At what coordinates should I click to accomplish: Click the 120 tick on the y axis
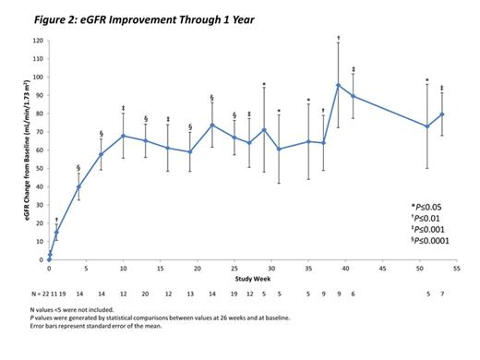pos(37,41)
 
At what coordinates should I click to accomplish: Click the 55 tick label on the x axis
pos(457,269)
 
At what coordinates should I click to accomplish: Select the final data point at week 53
pos(442,114)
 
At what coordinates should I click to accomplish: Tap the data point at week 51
pos(427,126)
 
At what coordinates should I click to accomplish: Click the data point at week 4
pos(78,186)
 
